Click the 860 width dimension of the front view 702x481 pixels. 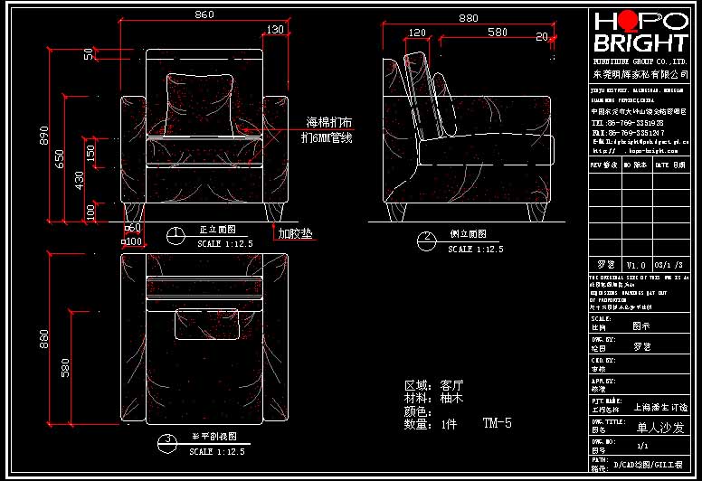(x=204, y=14)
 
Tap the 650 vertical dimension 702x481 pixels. (x=60, y=158)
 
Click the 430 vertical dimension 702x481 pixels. (x=79, y=180)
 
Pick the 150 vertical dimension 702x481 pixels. (x=90, y=153)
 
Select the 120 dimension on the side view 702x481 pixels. (x=417, y=33)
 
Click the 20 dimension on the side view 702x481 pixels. (x=542, y=37)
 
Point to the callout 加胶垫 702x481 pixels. (x=295, y=234)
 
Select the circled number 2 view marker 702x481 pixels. (x=425, y=240)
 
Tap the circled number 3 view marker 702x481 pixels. (x=166, y=442)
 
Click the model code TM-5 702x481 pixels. (x=497, y=423)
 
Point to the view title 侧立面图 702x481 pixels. (x=468, y=234)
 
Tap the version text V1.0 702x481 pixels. (x=637, y=265)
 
